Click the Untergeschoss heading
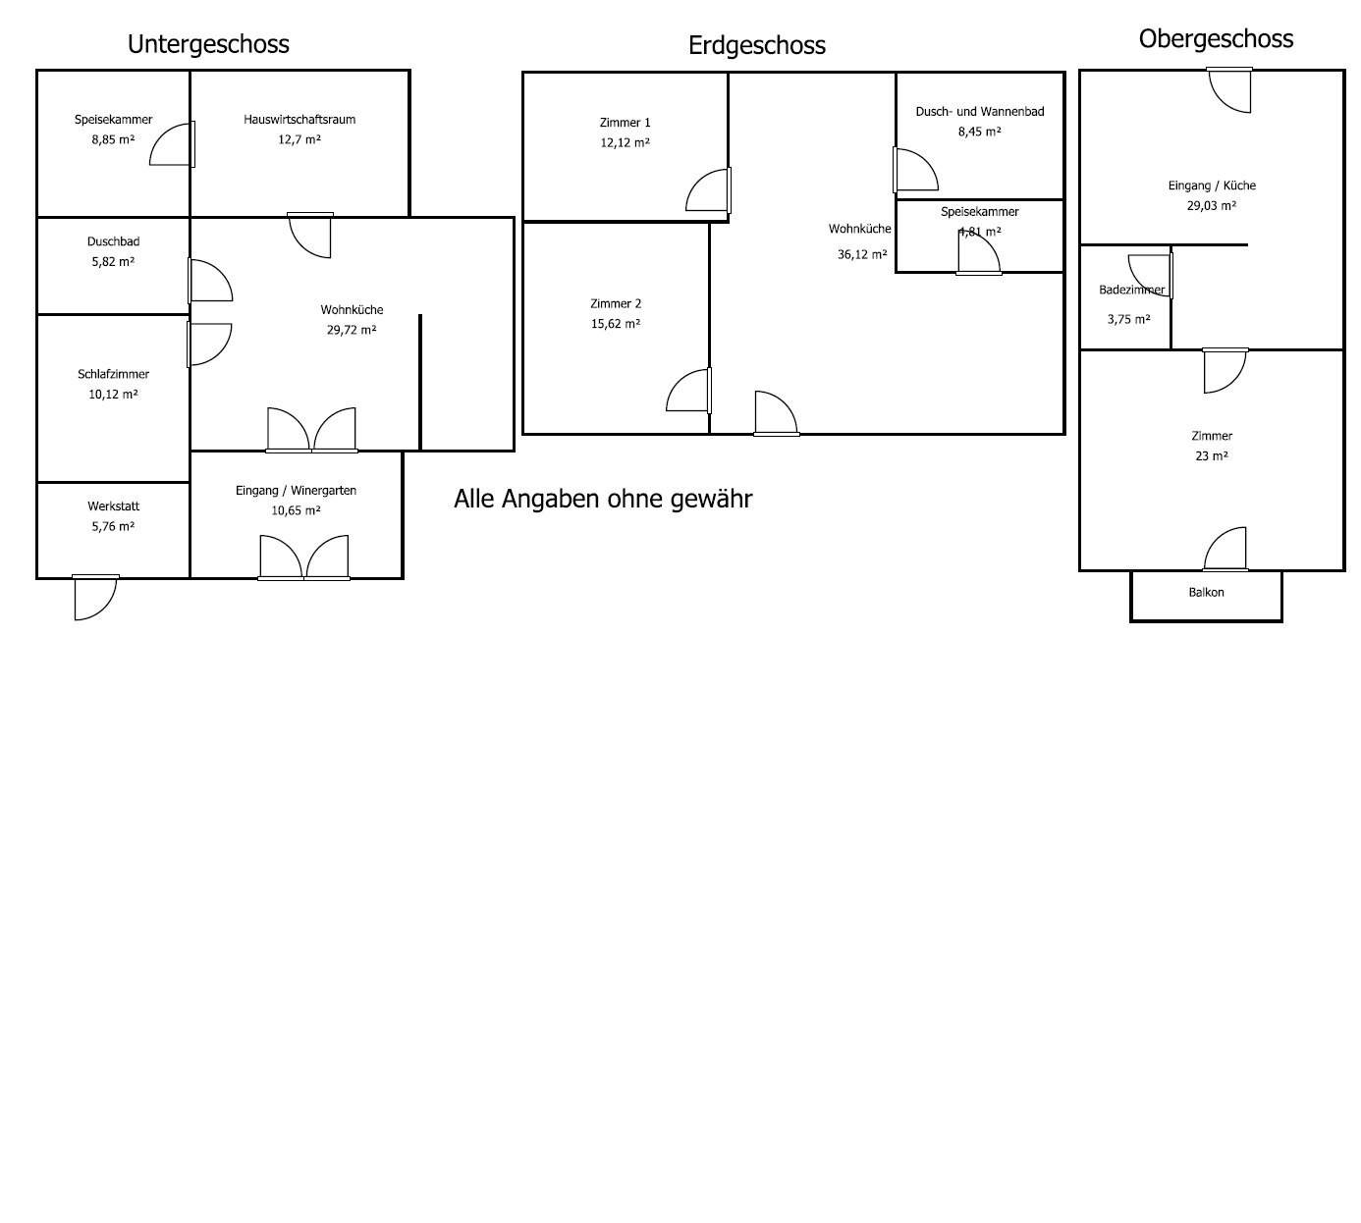pos(208,44)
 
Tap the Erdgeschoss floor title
pos(756,45)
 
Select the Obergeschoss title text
pos(1216,38)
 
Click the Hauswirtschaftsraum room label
pos(299,120)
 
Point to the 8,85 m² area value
pos(113,139)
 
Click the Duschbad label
pos(113,241)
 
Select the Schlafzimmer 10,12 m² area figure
pos(113,395)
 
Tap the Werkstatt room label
pos(113,506)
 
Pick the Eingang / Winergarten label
pos(296,491)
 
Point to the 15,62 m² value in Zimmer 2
pos(616,324)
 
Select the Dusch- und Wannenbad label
pos(979,112)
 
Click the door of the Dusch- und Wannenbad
pos(915,170)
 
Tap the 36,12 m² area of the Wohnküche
pos(862,253)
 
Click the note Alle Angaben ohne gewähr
pos(603,499)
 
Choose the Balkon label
pos(1206,593)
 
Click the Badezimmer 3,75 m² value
pos(1128,319)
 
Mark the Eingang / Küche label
pos(1212,186)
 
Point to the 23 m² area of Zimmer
pos(1211,455)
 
